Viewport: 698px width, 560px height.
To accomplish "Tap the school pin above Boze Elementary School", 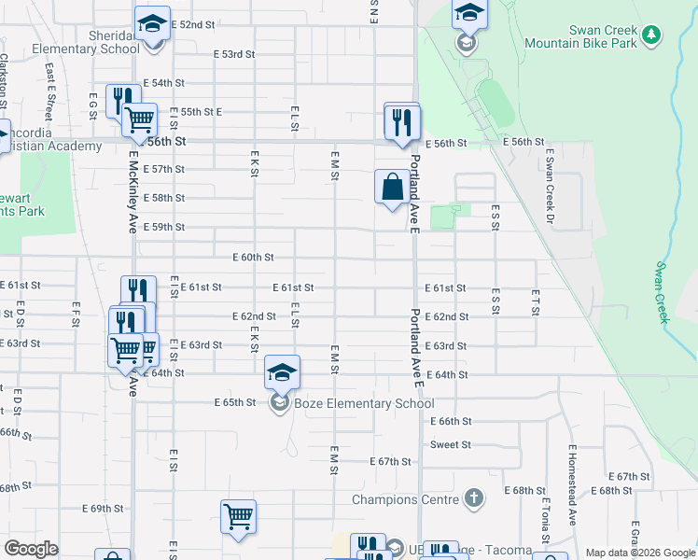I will coord(282,373).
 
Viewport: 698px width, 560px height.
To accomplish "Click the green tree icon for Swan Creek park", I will coord(652,35).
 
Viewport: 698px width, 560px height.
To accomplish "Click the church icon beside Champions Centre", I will coord(474,498).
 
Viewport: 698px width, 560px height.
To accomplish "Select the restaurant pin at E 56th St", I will coord(402,121).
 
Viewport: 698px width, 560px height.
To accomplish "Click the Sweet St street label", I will coord(451,445).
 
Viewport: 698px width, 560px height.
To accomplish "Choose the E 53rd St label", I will coord(233,54).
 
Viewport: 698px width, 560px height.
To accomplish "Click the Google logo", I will coord(32,549).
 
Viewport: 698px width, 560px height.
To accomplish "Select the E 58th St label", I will coord(166,199).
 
